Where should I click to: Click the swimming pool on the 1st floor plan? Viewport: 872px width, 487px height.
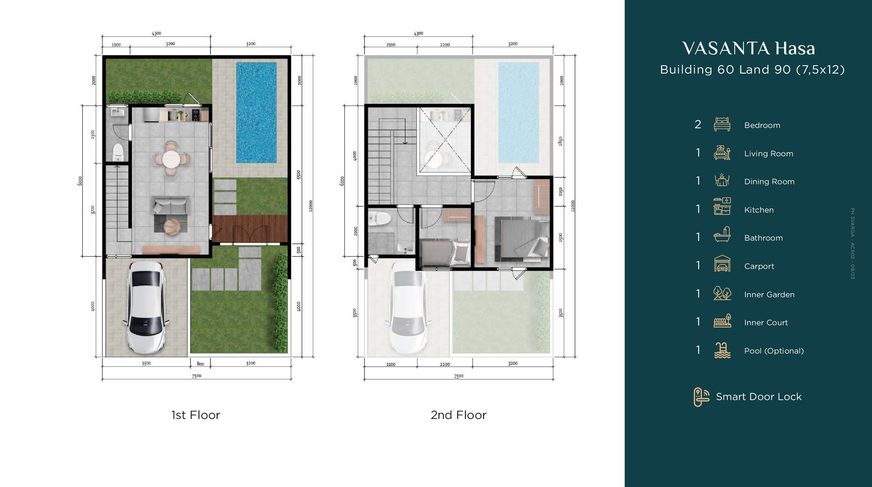tap(256, 112)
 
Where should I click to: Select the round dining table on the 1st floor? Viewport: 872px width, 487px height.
tap(171, 159)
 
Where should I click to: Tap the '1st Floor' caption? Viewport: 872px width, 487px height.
tap(196, 415)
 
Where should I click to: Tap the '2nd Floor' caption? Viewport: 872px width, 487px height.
tap(459, 415)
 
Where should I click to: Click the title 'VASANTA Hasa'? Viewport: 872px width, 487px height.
tap(749, 49)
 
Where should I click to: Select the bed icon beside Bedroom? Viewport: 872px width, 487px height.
tap(722, 124)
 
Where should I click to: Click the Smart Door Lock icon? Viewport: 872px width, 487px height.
tap(701, 397)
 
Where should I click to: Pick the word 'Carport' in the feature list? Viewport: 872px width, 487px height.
tap(759, 267)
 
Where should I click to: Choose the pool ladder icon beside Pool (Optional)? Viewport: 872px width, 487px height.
tap(722, 350)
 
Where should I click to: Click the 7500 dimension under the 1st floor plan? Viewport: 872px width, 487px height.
tap(197, 376)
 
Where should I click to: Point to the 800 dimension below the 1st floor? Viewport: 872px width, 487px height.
tap(200, 364)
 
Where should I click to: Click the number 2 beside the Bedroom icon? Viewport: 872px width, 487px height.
tap(698, 124)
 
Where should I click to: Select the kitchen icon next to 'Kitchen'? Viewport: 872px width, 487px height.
tap(722, 206)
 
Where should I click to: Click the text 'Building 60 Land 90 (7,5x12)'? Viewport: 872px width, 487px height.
tap(752, 70)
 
